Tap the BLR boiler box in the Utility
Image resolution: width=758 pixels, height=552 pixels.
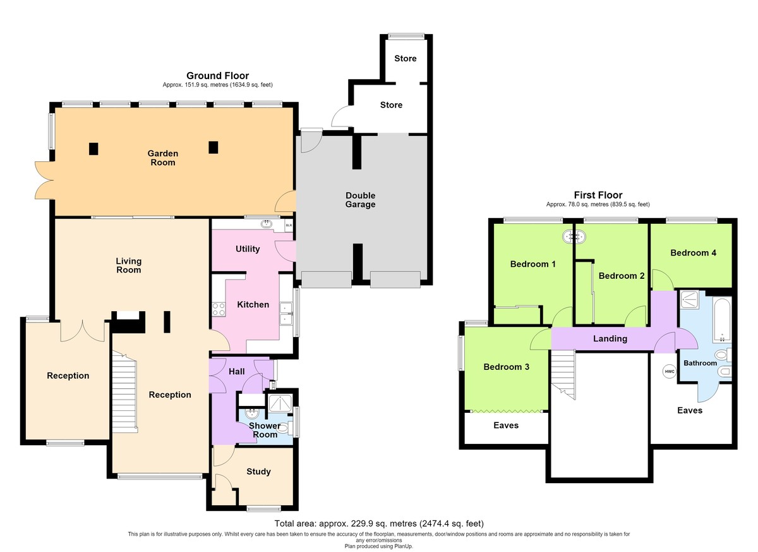point(289,225)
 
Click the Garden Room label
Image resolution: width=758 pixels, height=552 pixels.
point(163,158)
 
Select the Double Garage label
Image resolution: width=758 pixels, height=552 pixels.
point(361,200)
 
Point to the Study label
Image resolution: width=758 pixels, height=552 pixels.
point(258,472)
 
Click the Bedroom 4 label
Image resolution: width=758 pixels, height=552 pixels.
point(694,253)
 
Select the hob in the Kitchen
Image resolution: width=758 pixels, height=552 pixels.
point(219,309)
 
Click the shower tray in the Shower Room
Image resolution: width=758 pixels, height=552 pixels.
point(280,403)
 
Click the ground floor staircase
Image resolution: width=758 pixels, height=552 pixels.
point(124,392)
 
